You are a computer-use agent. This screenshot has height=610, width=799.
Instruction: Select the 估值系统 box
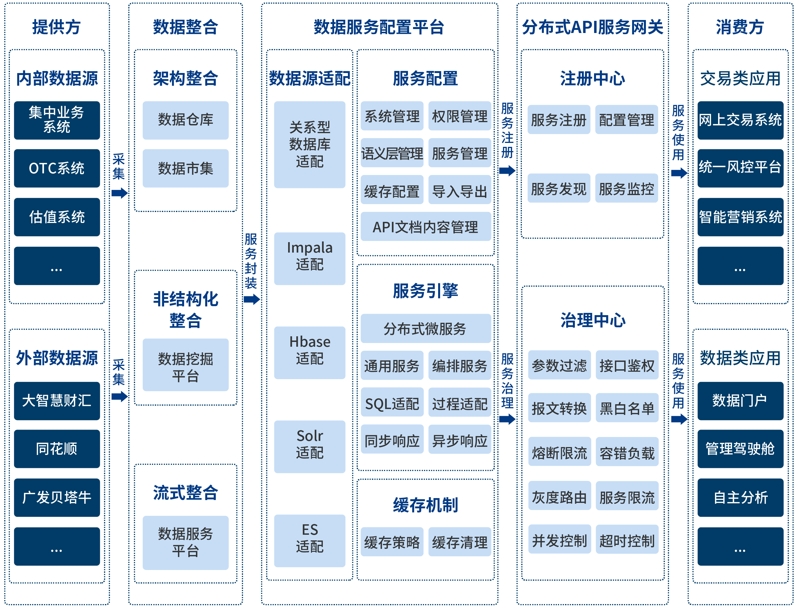pos(57,217)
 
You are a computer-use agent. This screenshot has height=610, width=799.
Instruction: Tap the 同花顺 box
pos(57,449)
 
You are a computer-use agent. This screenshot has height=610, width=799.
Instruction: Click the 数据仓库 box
pos(186,120)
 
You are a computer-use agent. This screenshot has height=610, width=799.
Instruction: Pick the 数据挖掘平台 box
pos(186,365)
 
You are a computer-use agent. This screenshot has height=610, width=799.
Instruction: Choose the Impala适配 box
pos(310,258)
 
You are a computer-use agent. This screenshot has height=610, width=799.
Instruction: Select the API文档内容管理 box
pos(426,227)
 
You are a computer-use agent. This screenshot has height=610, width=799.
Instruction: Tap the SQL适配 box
pos(392,403)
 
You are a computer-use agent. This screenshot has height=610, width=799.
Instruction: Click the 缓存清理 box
pos(460,542)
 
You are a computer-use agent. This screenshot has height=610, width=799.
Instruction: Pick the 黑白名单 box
pos(627,408)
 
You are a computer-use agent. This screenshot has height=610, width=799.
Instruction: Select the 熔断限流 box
pos(559,452)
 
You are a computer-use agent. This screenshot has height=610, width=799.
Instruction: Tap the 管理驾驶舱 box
pos(740,449)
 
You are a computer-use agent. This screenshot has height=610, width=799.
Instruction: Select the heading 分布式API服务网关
pos(592,27)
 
